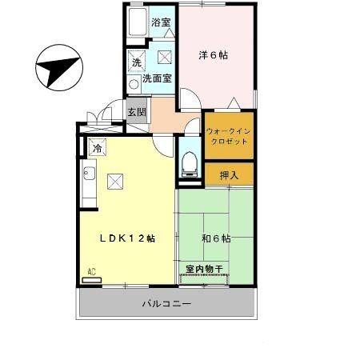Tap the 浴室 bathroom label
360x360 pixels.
[x=161, y=22]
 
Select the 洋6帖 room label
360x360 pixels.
[x=214, y=55]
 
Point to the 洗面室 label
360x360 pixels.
[x=158, y=78]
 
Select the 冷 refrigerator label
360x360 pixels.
[x=98, y=147]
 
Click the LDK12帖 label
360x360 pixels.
[x=126, y=238]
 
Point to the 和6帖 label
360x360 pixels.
[x=215, y=238]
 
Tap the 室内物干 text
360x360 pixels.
[x=204, y=269]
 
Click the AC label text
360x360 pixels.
[x=92, y=272]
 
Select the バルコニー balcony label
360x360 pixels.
[x=166, y=305]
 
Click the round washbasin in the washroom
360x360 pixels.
[x=134, y=81]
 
